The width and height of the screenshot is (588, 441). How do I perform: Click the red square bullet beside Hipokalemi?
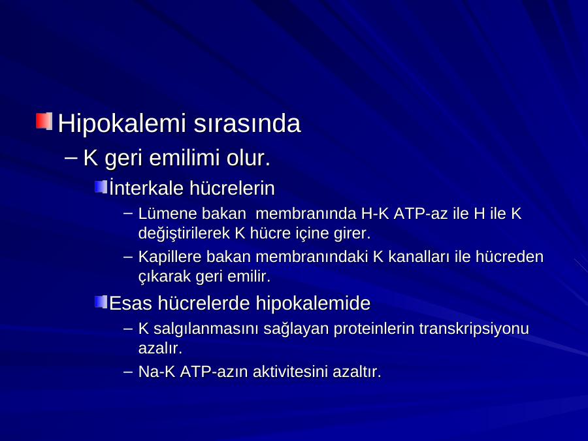click(44, 121)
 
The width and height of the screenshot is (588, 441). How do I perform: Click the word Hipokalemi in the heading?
click(122, 123)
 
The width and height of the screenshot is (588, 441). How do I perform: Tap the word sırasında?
click(247, 123)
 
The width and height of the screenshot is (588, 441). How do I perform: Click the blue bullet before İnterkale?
click(101, 187)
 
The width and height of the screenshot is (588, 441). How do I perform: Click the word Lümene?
click(168, 214)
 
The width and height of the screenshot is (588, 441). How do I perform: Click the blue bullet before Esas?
click(101, 302)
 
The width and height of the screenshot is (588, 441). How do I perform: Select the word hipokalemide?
click(313, 302)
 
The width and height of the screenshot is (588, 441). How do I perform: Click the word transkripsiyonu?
click(474, 329)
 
